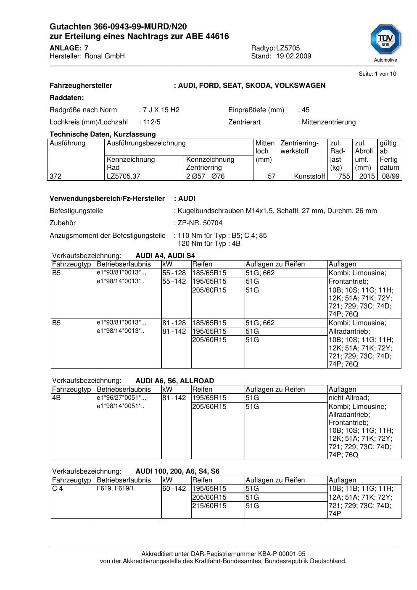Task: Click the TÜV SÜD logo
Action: point(385,41)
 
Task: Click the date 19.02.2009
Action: point(293,56)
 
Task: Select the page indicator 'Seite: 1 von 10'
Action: point(377,74)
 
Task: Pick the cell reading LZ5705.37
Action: point(124,176)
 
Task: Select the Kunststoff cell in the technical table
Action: point(309,176)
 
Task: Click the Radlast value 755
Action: point(344,176)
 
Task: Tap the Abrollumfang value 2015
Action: point(367,176)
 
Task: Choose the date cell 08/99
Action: point(391,176)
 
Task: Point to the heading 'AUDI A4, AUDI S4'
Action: point(165,256)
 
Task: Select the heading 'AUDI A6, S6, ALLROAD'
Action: point(174,381)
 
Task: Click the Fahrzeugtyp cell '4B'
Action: point(56,398)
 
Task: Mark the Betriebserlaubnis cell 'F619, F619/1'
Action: point(115,489)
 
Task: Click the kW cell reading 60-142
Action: point(174,489)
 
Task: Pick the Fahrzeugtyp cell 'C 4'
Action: point(57,489)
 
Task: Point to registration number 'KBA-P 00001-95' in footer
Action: point(282,554)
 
